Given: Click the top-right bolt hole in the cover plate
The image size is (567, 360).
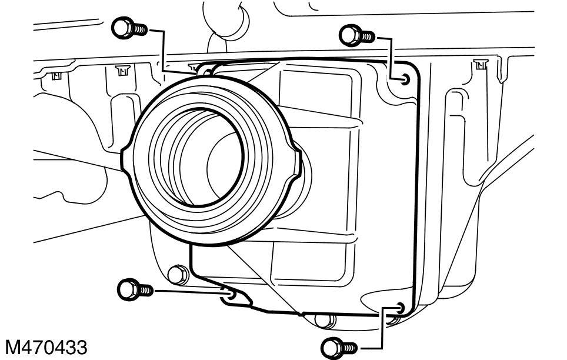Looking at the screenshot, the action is tap(404, 78).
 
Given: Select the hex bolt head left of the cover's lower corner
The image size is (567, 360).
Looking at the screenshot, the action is tap(176, 274).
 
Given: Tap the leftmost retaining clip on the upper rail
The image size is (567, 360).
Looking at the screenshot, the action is tap(56, 75).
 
